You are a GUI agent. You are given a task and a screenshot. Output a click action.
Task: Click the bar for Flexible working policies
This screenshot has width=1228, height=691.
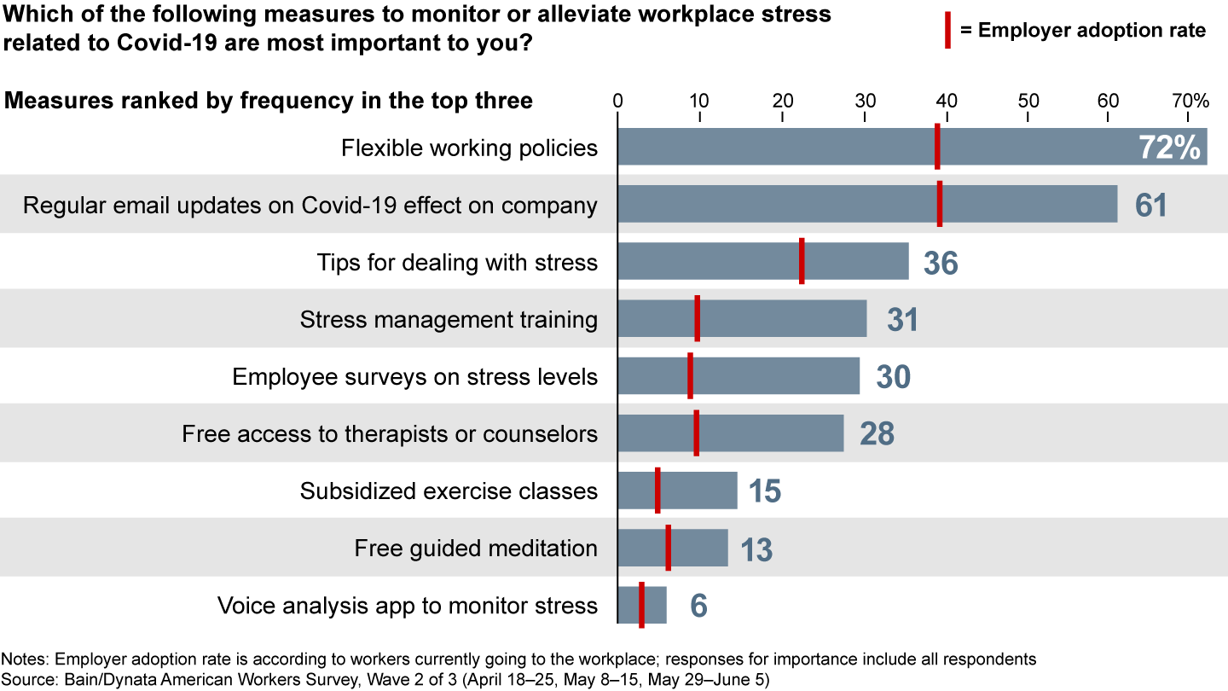(x=767, y=147)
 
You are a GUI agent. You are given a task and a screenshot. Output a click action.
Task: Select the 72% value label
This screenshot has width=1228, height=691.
(x=1169, y=148)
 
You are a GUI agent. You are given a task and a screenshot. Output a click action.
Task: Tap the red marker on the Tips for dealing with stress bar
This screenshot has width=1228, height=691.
(x=802, y=261)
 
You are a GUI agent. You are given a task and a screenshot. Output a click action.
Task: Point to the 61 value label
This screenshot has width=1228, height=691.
(x=1150, y=206)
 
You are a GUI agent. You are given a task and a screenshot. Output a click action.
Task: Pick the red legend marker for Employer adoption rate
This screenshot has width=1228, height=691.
(x=947, y=31)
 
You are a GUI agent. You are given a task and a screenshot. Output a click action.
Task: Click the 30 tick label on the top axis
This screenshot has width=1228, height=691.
(x=865, y=101)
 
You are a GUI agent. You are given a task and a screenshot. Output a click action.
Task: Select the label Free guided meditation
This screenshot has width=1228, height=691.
(x=476, y=548)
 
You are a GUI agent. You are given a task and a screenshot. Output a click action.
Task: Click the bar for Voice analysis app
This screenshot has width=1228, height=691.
(x=654, y=605)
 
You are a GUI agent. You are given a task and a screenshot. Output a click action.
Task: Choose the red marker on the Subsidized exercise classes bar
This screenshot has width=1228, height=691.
(x=657, y=491)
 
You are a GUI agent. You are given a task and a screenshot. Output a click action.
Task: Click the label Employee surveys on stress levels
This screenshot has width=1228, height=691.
(x=414, y=376)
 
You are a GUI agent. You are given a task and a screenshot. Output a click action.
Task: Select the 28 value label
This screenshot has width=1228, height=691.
(x=877, y=434)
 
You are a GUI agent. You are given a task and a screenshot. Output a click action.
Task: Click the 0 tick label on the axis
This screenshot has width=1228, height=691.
(x=618, y=101)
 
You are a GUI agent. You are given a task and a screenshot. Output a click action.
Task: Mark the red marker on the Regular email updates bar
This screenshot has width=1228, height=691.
(x=940, y=204)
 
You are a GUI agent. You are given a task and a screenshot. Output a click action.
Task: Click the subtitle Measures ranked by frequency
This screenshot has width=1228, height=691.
(x=269, y=101)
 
